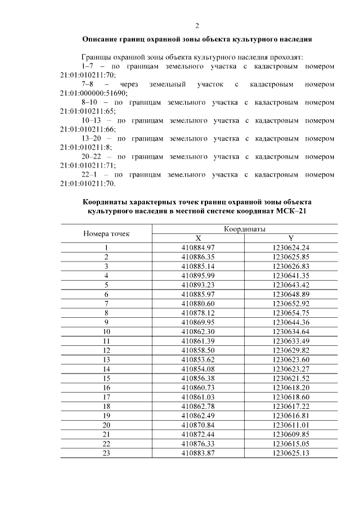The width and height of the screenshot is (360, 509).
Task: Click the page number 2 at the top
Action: (197, 25)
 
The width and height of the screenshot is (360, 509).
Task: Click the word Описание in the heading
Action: (102, 40)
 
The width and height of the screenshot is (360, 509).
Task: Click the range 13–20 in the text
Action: (96, 138)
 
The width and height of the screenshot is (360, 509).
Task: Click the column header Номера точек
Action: (106, 233)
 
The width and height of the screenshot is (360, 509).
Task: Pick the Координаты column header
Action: (245, 229)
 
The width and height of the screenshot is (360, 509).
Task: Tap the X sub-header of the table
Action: (199, 238)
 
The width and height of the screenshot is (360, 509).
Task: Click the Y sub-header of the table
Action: (291, 238)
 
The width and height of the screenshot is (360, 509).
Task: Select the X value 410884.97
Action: (199, 247)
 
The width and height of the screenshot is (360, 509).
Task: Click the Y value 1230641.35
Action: (291, 275)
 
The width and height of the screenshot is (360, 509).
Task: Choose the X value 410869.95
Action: (199, 321)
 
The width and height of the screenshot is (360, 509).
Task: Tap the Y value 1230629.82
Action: (291, 349)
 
